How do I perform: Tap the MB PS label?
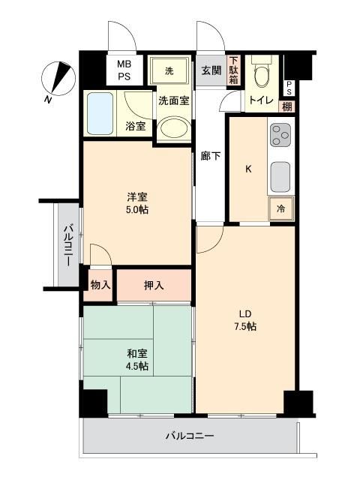click(124, 70)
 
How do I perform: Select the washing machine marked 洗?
click(169, 71)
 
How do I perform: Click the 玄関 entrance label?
click(211, 70)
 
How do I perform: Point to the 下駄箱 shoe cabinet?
click(234, 70)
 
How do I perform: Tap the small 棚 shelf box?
click(286, 106)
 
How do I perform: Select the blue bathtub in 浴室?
click(100, 113)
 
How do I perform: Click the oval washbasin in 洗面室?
click(174, 128)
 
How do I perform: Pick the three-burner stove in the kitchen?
click(280, 135)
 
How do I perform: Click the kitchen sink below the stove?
click(280, 177)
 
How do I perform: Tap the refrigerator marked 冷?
click(280, 208)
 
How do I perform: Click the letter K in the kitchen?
click(248, 169)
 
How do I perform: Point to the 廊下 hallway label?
click(211, 156)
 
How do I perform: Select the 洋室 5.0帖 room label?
click(137, 203)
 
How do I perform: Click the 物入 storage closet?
click(100, 285)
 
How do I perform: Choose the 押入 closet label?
click(154, 286)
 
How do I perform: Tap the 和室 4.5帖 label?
click(137, 360)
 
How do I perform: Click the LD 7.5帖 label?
click(245, 320)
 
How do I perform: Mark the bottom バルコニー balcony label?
click(190, 436)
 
